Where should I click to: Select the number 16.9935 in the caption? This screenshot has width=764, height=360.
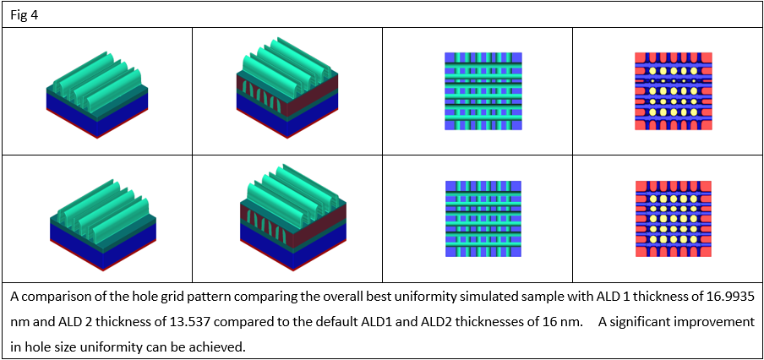(727, 297)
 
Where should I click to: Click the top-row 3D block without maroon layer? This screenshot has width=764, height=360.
(97, 95)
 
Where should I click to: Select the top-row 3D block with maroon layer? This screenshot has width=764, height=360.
(287, 88)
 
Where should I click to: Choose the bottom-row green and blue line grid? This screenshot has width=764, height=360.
(483, 219)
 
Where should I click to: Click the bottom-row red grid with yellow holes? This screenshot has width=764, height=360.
(674, 219)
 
